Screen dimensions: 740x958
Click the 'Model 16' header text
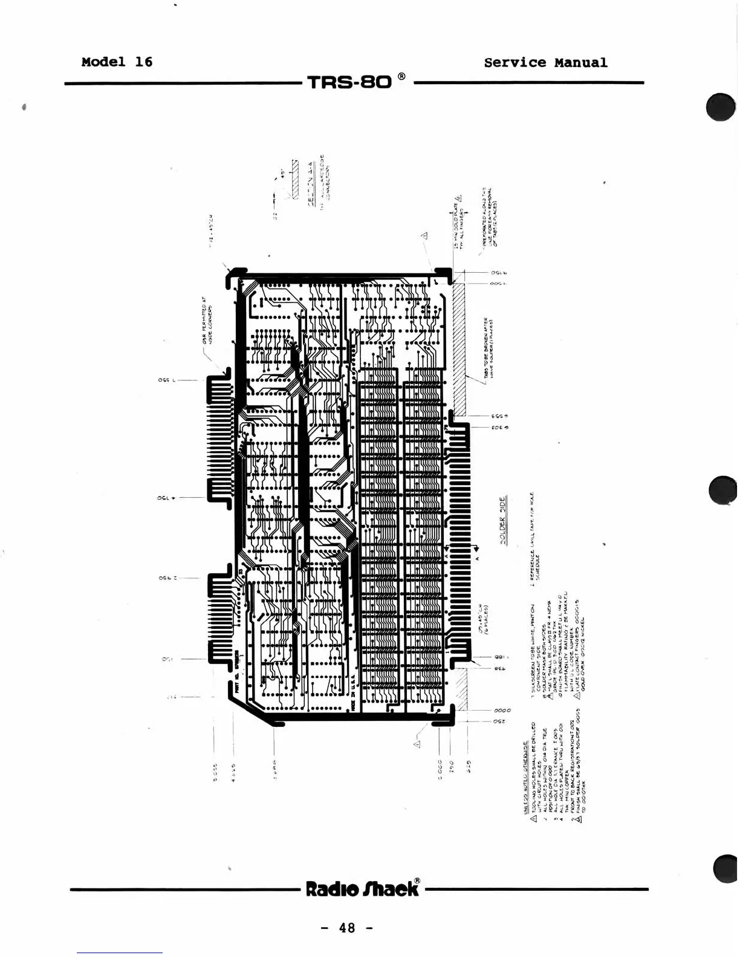tap(117, 62)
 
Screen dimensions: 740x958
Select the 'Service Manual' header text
tap(545, 63)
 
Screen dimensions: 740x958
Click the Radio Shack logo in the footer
tap(362, 888)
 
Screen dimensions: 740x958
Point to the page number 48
tap(347, 928)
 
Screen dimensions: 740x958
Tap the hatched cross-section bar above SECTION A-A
tap(295, 179)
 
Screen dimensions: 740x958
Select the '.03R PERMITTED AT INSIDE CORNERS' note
tap(207, 321)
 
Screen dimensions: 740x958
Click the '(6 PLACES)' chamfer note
tap(485, 617)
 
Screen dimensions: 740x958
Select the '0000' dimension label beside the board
tap(502, 710)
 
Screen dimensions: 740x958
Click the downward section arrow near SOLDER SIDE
tap(476, 549)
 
